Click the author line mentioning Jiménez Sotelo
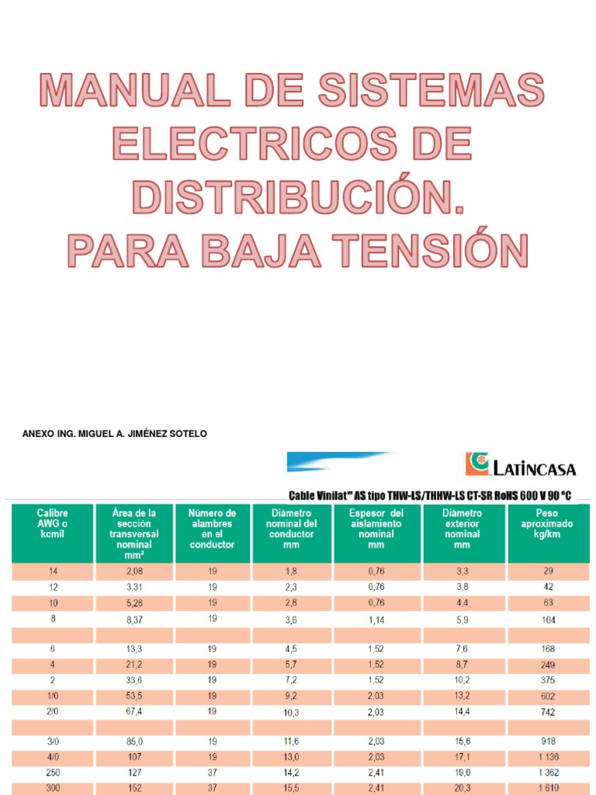(115, 434)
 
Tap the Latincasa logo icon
(475, 464)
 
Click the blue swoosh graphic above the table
(341, 461)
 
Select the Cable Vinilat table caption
(438, 495)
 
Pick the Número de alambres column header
(212, 529)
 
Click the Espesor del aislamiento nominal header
(376, 529)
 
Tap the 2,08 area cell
(135, 571)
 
